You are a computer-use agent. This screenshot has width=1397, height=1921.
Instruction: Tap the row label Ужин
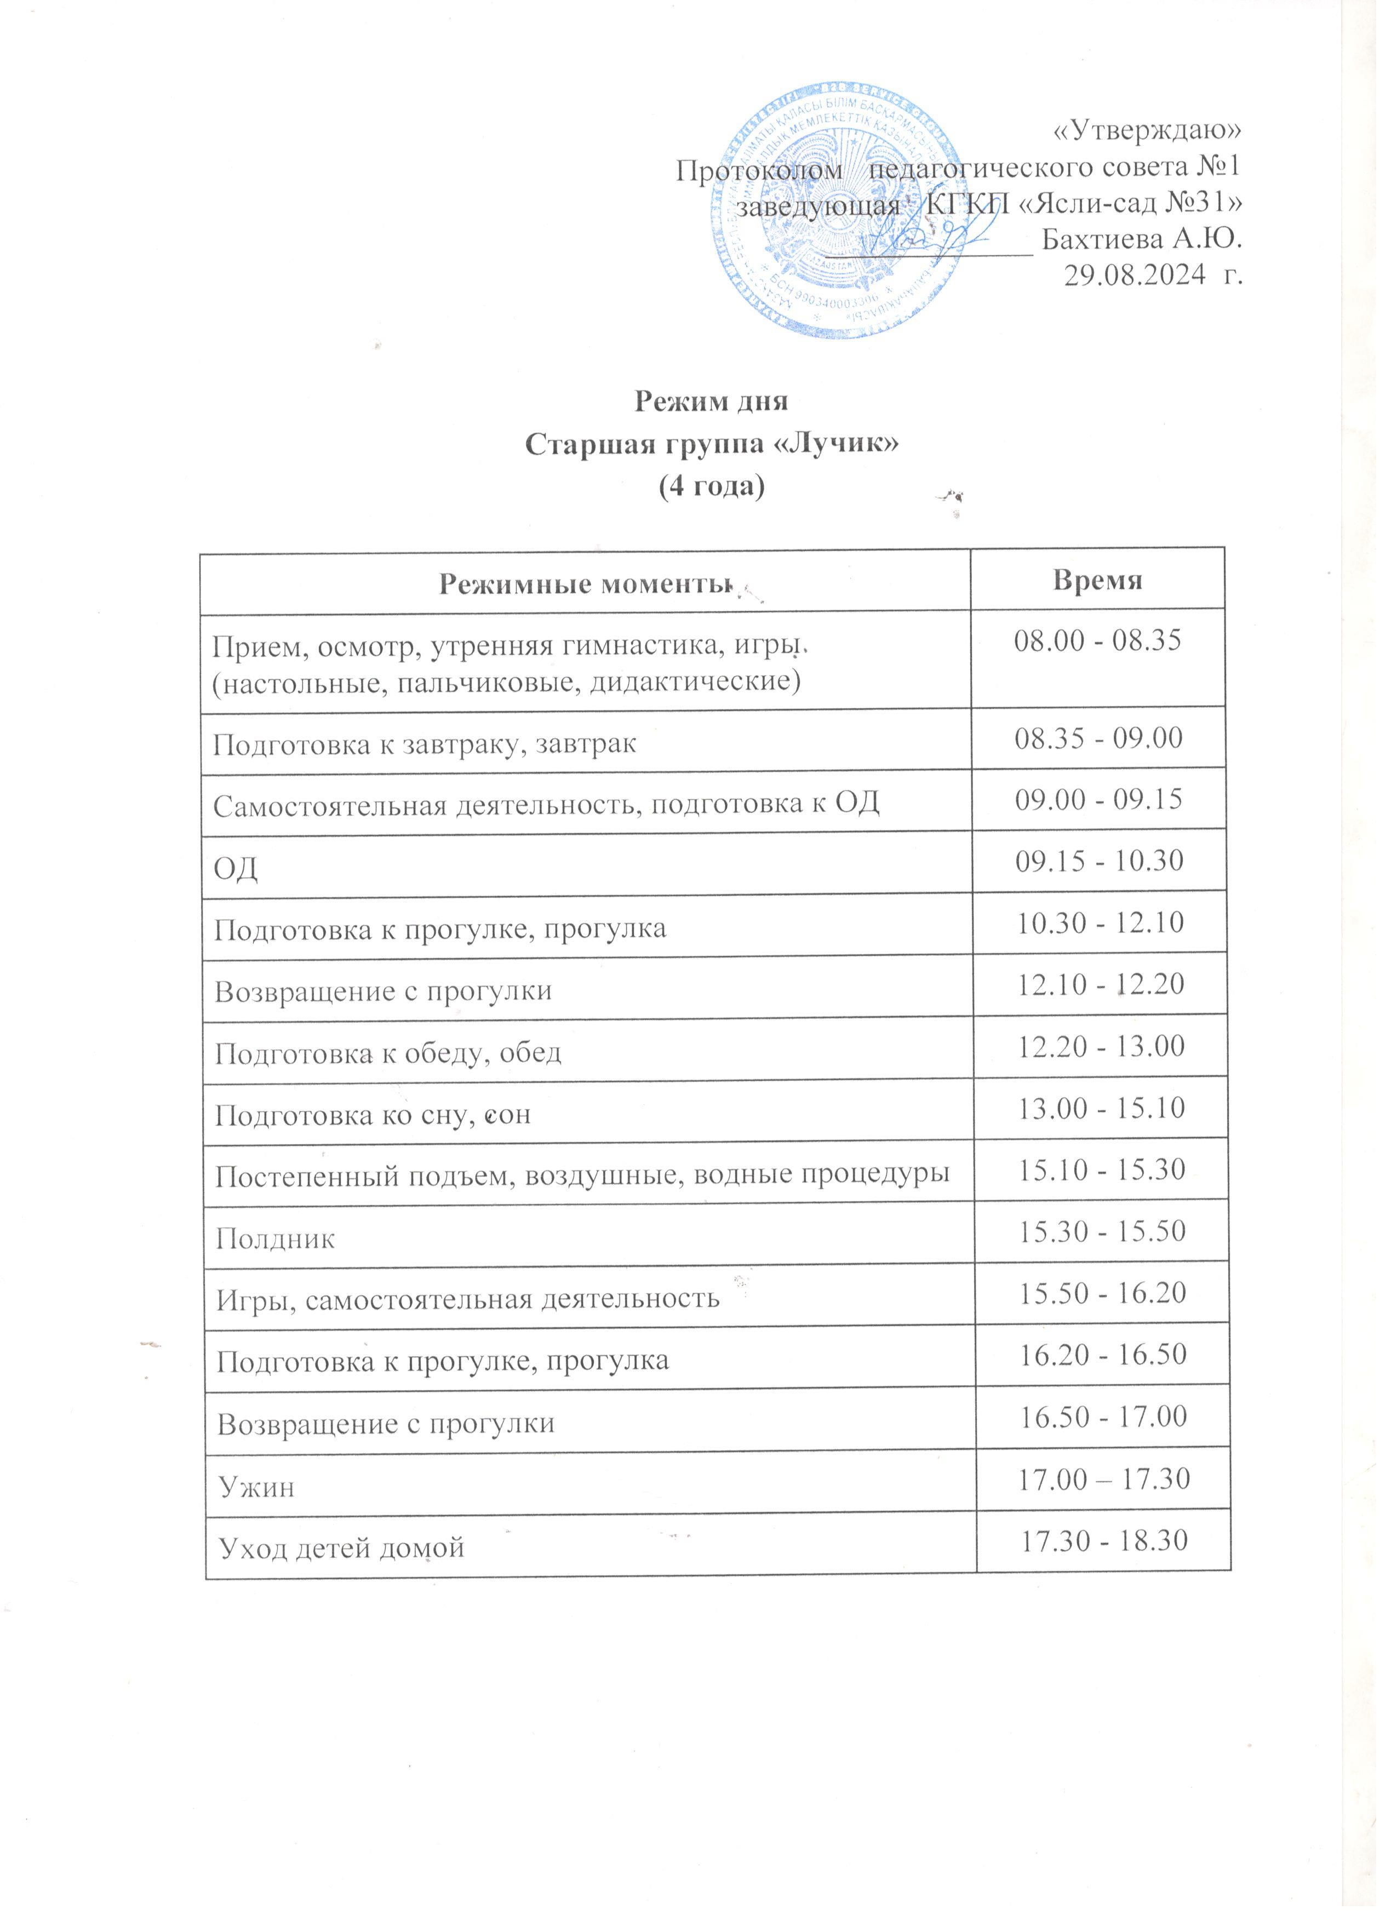tap(256, 1487)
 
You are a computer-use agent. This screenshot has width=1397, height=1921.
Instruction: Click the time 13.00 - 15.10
tap(1101, 1108)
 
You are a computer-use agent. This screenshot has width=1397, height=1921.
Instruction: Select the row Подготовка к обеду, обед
tap(387, 1054)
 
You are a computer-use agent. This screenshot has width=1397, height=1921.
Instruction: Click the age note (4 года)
tap(712, 487)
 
